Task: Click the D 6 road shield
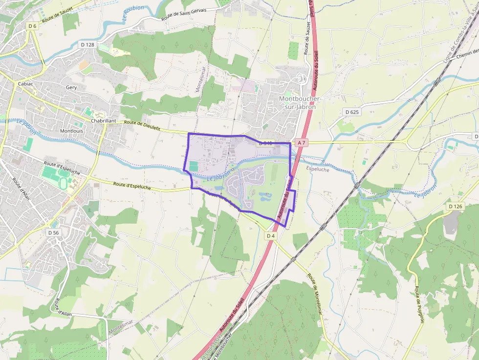point(32,26)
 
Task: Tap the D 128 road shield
point(87,44)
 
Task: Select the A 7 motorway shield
point(302,143)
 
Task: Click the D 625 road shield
point(351,112)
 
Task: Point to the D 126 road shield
point(455,207)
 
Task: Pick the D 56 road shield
point(53,233)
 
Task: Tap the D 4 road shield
point(271,236)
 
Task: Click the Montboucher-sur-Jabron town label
point(297,103)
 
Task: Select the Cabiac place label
point(25,84)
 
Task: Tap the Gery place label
point(71,87)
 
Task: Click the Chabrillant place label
point(104,121)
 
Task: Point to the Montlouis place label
point(71,131)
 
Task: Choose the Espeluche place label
point(317,169)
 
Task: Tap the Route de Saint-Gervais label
point(184,14)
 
